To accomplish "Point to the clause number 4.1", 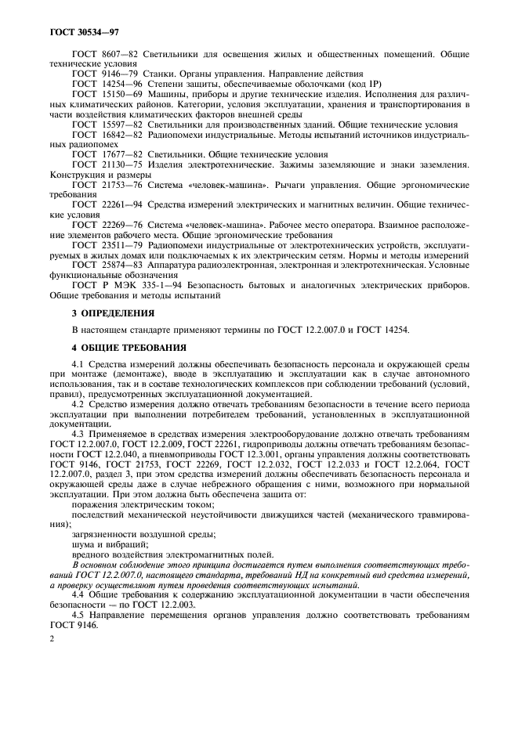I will coord(78,364).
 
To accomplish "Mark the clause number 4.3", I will coord(78,432).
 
